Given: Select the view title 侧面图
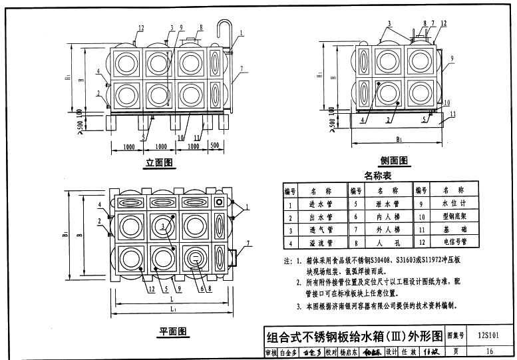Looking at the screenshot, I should (394, 160).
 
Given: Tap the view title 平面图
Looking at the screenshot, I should (172, 331).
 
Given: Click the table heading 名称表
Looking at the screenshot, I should (378, 176).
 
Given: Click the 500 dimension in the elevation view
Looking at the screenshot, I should (214, 146).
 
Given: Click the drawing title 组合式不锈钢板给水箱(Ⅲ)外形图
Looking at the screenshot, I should (353, 336).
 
